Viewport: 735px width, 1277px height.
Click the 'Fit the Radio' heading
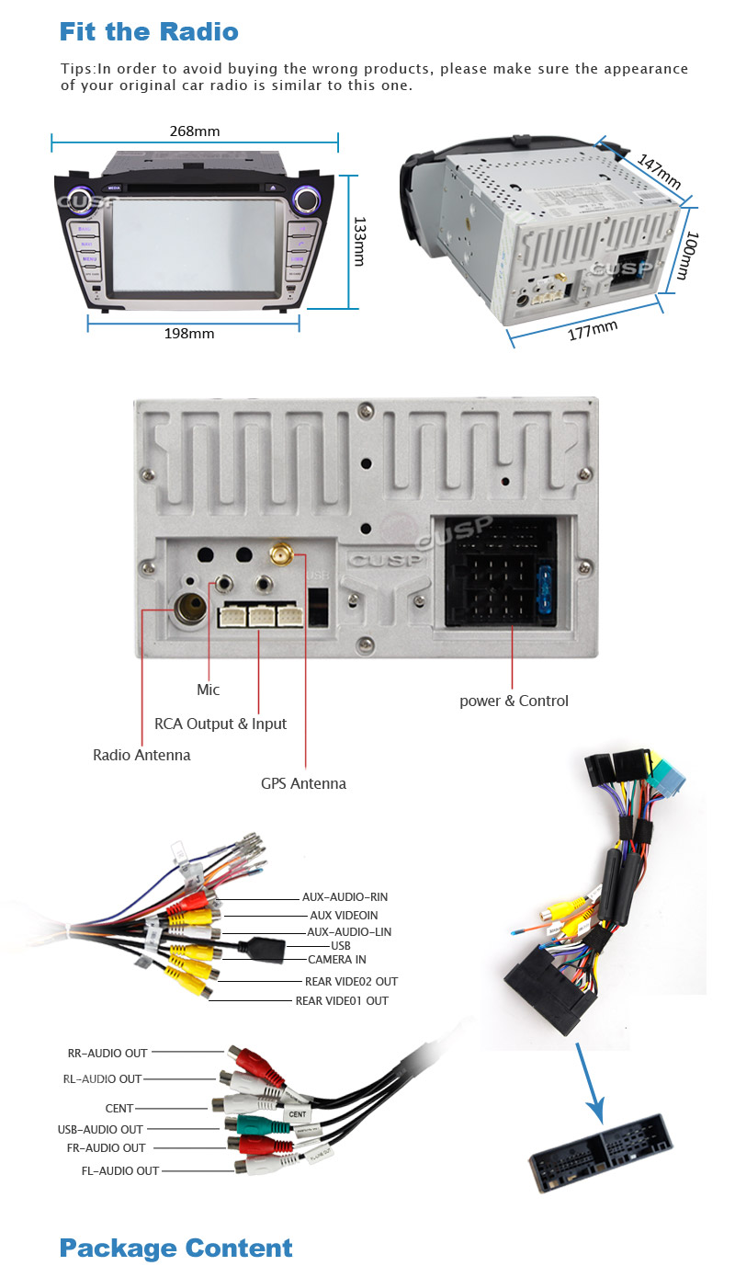coord(149,32)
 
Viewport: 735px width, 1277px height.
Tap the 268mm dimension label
coord(195,131)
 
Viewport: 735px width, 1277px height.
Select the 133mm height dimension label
coord(359,241)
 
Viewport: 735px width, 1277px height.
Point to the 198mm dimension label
coord(189,333)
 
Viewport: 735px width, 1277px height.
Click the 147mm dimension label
coord(658,168)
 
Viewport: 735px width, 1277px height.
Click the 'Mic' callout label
coord(209,690)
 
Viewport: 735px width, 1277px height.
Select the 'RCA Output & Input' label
coord(220,724)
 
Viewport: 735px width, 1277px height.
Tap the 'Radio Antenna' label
coord(141,755)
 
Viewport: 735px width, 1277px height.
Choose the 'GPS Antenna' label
coord(303,783)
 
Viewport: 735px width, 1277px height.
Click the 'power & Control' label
coord(514,701)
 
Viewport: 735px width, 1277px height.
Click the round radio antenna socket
coord(191,609)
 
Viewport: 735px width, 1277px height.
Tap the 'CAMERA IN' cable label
coord(336,960)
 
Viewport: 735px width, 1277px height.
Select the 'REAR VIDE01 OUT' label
coord(341,1000)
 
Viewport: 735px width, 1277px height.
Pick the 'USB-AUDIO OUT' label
coord(100,1129)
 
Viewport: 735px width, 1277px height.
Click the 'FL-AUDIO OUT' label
coord(120,1170)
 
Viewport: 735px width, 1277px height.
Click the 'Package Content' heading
coord(175,1248)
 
